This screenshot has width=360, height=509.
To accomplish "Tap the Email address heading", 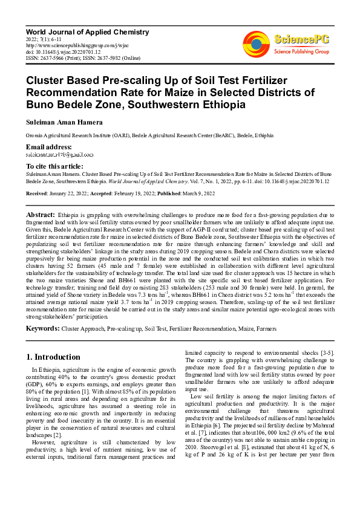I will pos(49,148).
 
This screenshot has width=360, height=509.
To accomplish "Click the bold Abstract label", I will pos(41,215).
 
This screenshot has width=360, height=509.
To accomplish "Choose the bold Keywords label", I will pos(42,328).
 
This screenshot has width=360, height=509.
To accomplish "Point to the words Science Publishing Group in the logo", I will pos(301,52).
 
